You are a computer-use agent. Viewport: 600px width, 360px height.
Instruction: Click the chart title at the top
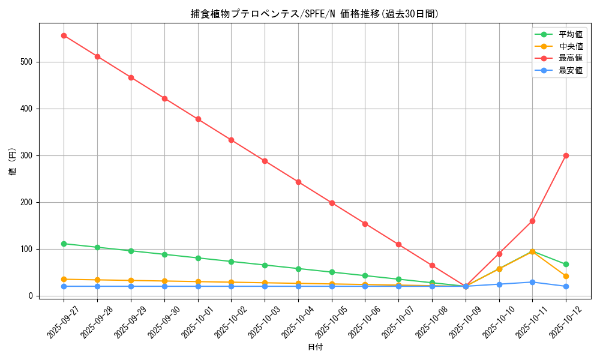coord(315,14)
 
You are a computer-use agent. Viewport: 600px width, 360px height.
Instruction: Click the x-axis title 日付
coord(315,347)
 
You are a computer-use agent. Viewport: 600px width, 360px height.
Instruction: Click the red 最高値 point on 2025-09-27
coord(64,35)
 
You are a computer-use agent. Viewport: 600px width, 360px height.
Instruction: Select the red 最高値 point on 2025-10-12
coord(566,155)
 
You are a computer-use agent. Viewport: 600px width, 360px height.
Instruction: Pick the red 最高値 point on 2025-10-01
coord(198,119)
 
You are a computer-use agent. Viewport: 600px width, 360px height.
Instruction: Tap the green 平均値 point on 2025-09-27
coord(64,244)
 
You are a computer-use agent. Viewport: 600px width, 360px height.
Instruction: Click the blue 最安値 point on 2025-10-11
coord(532,282)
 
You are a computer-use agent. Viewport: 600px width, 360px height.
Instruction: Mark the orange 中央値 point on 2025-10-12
coord(566,276)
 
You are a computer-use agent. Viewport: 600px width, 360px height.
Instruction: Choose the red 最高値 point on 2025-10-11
coord(532,221)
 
